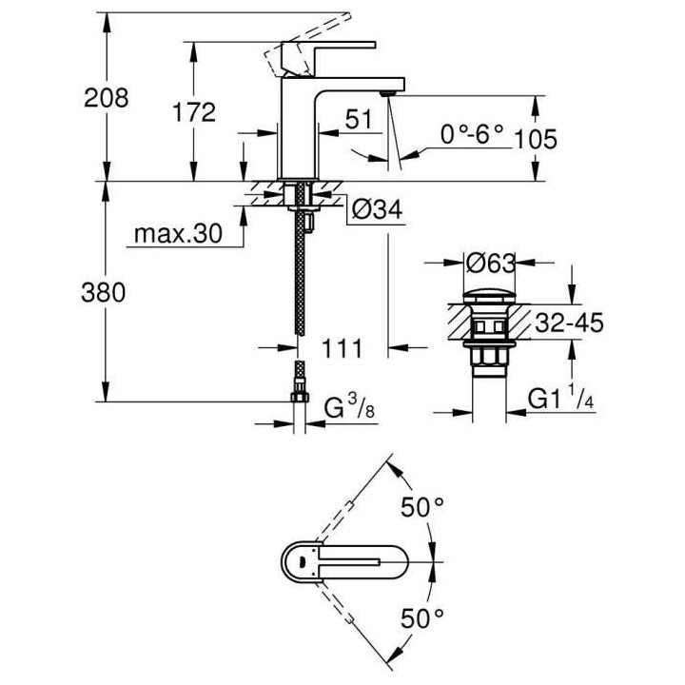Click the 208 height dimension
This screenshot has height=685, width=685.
click(106, 97)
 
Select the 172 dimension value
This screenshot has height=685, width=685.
click(194, 111)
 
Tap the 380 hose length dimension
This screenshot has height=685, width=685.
click(106, 293)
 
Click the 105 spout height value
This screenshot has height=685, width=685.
click(535, 139)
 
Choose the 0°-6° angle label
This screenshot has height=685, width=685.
click(471, 134)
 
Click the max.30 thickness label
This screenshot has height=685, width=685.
click(177, 233)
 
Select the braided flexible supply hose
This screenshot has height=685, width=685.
click(300, 285)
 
